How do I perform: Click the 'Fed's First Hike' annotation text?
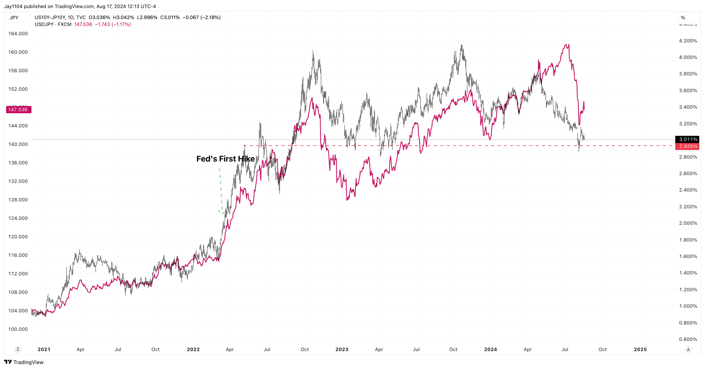[225, 159]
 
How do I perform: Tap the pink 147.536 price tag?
[18, 110]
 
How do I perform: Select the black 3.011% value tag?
[687, 139]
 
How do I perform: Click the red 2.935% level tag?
[687, 147]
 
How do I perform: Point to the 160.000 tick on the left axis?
[18, 52]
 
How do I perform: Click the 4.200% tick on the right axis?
[688, 41]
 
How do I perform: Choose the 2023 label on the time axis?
[342, 349]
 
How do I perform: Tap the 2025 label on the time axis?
[640, 349]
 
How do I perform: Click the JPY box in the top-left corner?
[17, 18]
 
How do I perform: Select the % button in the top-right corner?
[687, 18]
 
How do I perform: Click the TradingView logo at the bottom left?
[24, 362]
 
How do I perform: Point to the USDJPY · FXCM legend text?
[53, 25]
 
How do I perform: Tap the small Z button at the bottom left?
[18, 349]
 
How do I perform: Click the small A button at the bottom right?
[688, 349]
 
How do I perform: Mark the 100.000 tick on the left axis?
[18, 329]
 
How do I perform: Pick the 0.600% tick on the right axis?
[688, 339]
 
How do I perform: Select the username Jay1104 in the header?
[13, 6]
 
